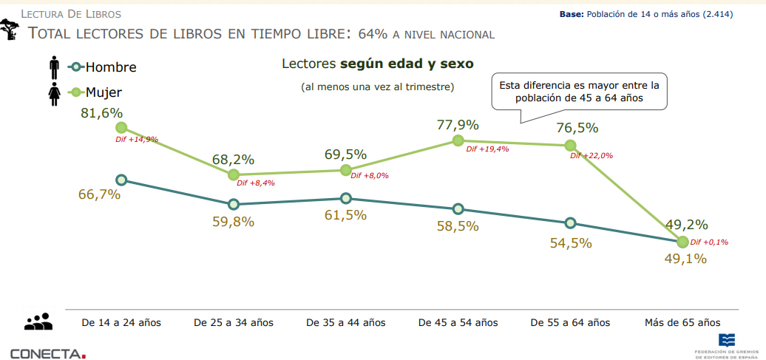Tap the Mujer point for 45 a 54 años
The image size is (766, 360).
[458, 140]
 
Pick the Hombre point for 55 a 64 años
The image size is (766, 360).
[570, 223]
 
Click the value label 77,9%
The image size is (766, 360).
[458, 125]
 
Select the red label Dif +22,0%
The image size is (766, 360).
[592, 156]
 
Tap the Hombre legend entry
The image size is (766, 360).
[101, 67]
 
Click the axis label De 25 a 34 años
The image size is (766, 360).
[234, 322]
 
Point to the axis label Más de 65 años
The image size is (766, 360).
[682, 322]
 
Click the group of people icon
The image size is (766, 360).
[38, 322]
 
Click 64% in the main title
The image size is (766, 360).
[373, 34]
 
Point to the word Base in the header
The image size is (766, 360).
[572, 14]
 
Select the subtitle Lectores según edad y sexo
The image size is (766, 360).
[377, 64]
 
